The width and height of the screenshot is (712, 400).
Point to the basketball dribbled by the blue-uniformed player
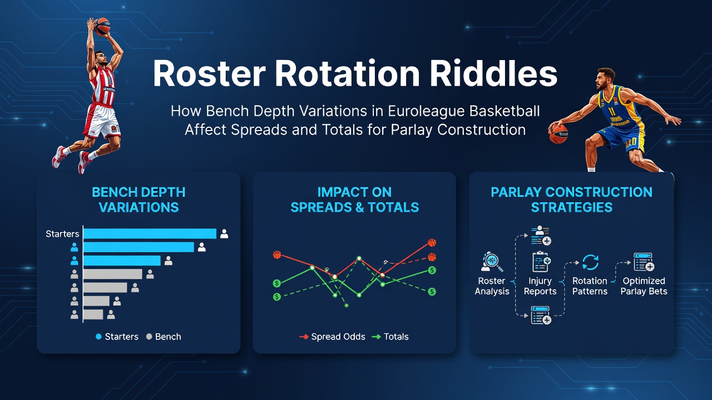click(x=558, y=133)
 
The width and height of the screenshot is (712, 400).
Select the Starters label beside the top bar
click(x=62, y=234)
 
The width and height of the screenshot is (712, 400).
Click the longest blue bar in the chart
click(x=150, y=234)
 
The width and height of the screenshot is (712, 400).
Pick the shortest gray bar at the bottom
click(x=93, y=314)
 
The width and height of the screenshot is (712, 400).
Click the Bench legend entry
click(x=164, y=337)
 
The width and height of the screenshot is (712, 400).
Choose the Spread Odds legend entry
click(x=332, y=337)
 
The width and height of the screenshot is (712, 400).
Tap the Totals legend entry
click(x=390, y=337)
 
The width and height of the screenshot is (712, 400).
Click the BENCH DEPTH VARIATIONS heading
click(x=139, y=199)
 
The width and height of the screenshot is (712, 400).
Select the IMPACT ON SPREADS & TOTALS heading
click(x=354, y=199)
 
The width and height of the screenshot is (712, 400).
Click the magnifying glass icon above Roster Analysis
click(x=492, y=262)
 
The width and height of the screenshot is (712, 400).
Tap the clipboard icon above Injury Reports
click(x=541, y=261)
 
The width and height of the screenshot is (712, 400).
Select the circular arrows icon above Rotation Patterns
click(x=590, y=262)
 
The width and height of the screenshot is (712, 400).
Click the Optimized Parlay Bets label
click(x=644, y=286)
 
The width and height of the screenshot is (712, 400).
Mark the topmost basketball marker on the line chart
click(x=432, y=243)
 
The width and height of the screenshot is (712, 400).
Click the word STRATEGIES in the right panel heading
click(x=571, y=207)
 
